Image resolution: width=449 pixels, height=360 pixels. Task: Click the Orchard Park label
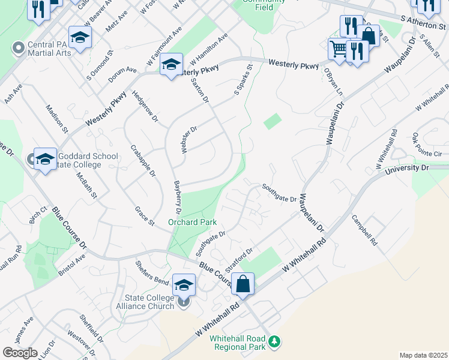[x=192, y=221]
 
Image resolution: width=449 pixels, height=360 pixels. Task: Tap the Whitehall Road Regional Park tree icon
[x=274, y=341]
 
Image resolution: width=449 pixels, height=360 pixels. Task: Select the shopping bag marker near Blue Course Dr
[x=243, y=283]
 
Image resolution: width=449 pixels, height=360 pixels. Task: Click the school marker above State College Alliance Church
[x=184, y=284]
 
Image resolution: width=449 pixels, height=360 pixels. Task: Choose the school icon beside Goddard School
[x=45, y=159]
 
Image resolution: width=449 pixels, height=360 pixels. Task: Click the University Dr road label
[x=408, y=169]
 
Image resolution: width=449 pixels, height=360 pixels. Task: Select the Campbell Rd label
[x=364, y=230]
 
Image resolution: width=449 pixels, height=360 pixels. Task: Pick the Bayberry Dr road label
[x=177, y=198]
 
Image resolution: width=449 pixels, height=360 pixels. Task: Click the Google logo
[x=20, y=353]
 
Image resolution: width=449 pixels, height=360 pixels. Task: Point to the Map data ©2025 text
[x=423, y=355]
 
